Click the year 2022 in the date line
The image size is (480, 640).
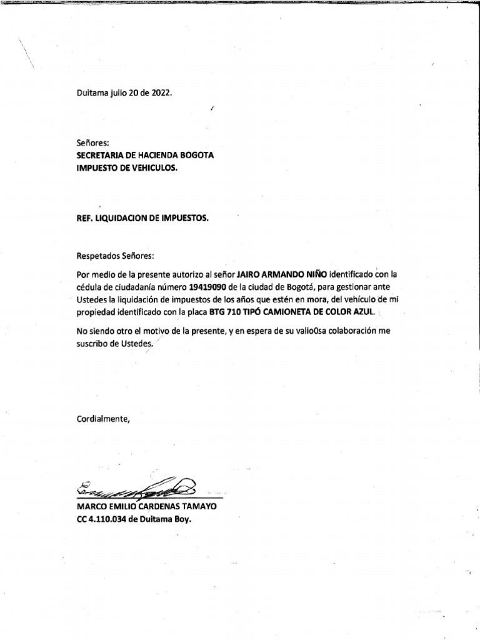158,92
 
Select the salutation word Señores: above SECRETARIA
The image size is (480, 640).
92,143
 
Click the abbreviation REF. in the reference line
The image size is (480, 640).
84,219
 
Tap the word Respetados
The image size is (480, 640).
99,256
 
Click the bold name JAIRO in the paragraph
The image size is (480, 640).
251,274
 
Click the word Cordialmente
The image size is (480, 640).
104,419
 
